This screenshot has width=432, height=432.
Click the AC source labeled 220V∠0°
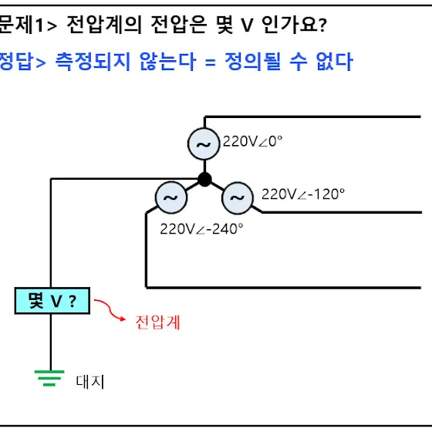click(x=204, y=143)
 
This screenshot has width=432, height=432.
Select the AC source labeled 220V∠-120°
click(x=238, y=197)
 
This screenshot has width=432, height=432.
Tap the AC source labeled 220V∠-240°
click(x=171, y=197)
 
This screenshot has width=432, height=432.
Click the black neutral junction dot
click(x=204, y=179)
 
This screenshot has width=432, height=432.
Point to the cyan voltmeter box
click(x=52, y=301)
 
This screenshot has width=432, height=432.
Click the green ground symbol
click(x=49, y=378)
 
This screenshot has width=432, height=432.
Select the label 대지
click(x=90, y=382)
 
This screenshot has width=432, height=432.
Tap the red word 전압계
click(x=158, y=322)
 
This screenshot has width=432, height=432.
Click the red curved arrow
click(x=110, y=310)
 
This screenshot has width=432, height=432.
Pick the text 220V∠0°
click(x=253, y=141)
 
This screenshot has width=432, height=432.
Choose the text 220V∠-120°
click(x=303, y=194)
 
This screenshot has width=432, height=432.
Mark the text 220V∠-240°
click(x=201, y=229)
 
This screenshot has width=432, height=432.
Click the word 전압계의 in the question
click(x=105, y=25)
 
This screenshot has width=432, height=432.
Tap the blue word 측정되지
click(x=93, y=61)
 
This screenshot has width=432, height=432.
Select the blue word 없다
click(x=335, y=61)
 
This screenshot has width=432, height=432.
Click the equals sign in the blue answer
click(x=210, y=62)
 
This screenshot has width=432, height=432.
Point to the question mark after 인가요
click(x=323, y=25)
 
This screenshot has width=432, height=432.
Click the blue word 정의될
click(x=254, y=61)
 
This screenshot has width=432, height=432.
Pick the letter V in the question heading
click(x=247, y=25)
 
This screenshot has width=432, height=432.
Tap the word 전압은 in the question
click(x=179, y=25)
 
